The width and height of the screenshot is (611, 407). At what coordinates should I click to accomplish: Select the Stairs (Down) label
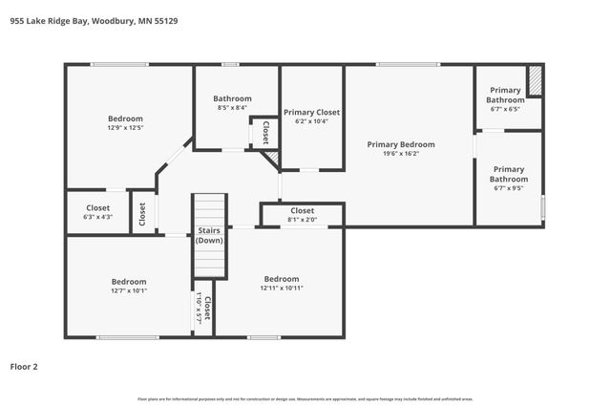(x=209, y=235)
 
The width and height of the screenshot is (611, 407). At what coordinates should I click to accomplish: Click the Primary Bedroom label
(x=401, y=144)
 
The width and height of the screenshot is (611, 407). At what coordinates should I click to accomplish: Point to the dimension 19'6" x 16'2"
(x=401, y=154)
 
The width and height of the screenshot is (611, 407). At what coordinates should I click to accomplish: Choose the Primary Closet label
(x=311, y=112)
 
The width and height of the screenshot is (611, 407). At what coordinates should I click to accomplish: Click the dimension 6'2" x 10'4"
(x=311, y=121)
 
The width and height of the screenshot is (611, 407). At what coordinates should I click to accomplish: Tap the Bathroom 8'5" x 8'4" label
(x=232, y=98)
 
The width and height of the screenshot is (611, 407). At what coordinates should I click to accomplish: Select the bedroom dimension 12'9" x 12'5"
(x=125, y=127)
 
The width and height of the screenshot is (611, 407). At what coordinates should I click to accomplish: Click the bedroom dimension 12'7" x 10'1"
(x=128, y=290)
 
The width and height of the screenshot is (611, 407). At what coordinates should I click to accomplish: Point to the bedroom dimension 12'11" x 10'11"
(x=281, y=288)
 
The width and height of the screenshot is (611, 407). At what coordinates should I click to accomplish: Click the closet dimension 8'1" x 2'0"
(x=302, y=220)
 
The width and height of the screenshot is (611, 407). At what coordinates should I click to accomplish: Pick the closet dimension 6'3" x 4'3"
(x=97, y=217)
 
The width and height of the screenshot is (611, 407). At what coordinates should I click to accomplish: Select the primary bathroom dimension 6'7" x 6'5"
(x=505, y=109)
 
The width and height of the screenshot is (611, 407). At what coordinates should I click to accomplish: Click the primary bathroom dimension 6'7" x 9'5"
(x=508, y=188)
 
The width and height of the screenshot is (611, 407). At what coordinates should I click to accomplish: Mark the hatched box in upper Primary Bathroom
(x=535, y=81)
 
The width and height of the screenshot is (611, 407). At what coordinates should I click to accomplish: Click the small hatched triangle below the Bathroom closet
(x=272, y=157)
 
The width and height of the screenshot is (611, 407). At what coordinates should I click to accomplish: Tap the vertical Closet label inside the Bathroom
(x=265, y=132)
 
